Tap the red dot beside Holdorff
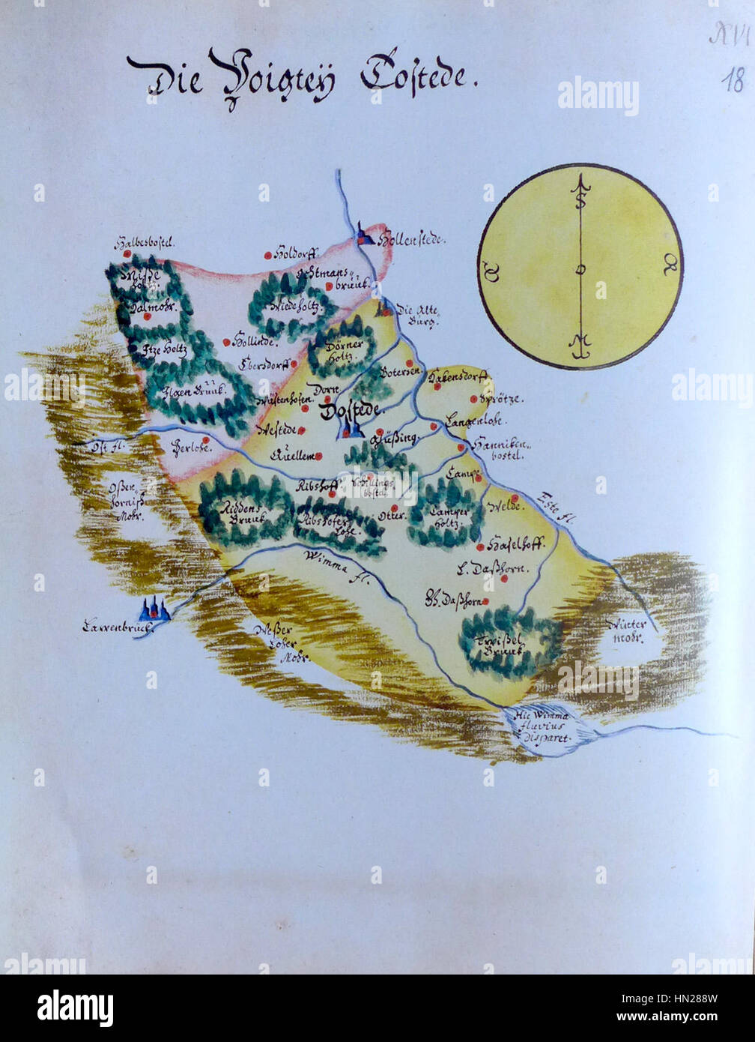click(x=267, y=256)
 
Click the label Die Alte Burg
click(x=416, y=315)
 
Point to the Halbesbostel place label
click(x=144, y=243)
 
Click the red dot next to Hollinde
click(x=226, y=342)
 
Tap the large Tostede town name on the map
click(x=351, y=410)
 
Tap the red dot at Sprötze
click(x=473, y=399)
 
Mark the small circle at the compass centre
click(x=580, y=269)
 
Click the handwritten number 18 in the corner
click(x=732, y=80)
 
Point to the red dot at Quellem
click(x=318, y=456)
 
